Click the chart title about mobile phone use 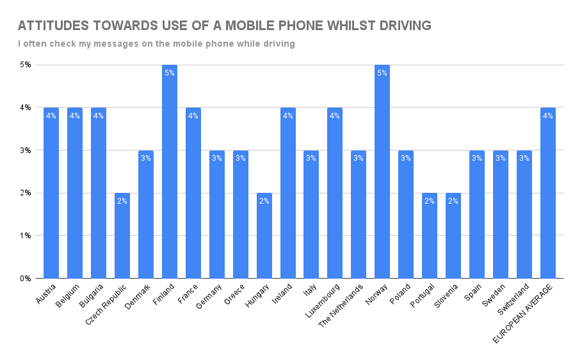224,26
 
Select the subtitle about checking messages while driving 156,44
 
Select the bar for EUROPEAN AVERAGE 547,193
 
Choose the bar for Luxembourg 335,193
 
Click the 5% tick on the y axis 26,65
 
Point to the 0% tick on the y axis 26,279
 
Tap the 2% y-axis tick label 26,193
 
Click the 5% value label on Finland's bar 169,73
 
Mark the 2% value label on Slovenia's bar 453,201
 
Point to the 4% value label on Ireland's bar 287,116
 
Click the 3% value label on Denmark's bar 145,158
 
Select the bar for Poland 406,214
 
